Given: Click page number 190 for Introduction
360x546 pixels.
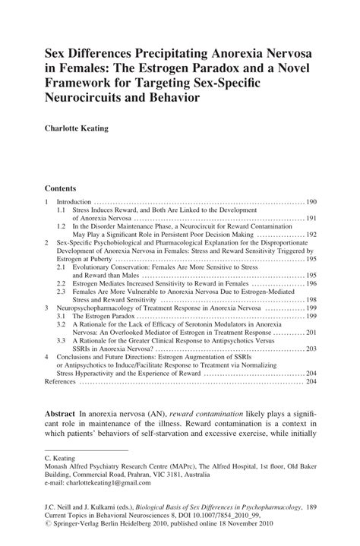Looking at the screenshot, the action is click(x=311, y=202).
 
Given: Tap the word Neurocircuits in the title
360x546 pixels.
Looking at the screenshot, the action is click(x=91, y=98).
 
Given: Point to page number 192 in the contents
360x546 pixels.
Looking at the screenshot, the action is click(x=311, y=235).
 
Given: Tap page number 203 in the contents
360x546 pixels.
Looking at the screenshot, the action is click(x=311, y=349).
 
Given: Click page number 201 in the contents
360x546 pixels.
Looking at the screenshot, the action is click(x=311, y=332).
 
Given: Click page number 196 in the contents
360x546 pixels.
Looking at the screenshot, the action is click(x=311, y=282).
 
